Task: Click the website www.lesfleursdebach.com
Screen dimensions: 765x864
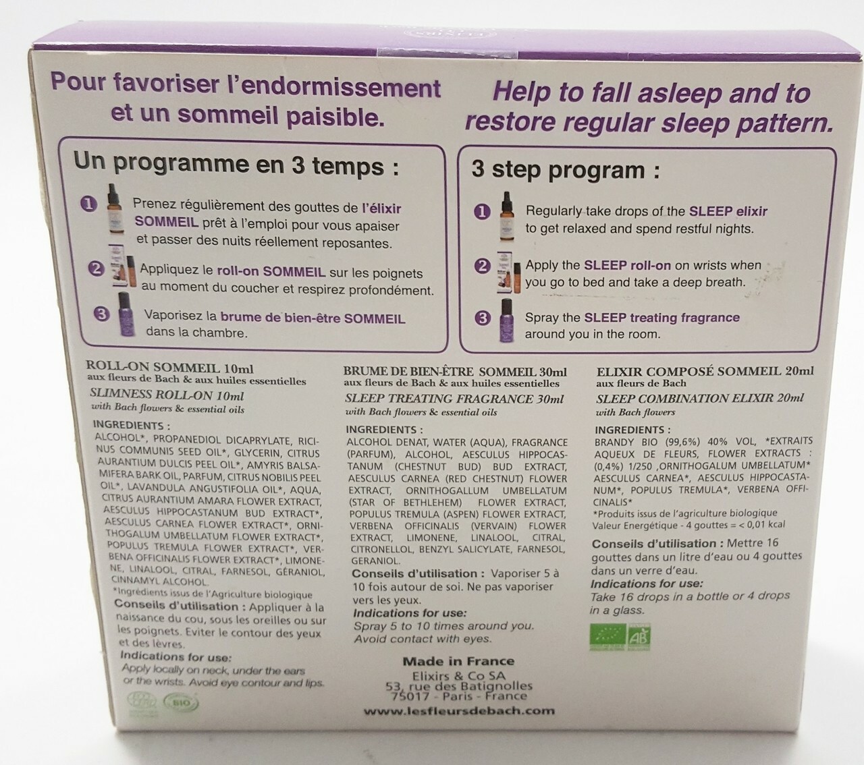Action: click(459, 710)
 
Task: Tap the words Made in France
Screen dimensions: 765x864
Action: click(458, 661)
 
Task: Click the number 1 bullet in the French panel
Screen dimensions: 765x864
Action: click(89, 203)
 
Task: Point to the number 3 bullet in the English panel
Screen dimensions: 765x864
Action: click(482, 318)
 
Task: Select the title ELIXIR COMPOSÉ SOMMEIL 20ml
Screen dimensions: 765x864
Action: click(705, 371)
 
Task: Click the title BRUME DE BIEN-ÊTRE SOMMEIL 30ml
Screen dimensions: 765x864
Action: click(454, 372)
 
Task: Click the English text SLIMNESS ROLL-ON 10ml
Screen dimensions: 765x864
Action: click(167, 396)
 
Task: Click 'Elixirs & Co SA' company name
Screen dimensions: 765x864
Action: click(458, 675)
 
